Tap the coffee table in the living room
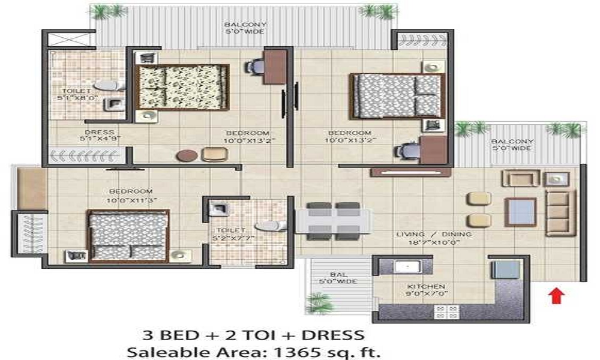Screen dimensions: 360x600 [x=520, y=212]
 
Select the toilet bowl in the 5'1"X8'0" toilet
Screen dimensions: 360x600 [x=107, y=86]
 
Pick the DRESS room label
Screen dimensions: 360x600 [x=99, y=133]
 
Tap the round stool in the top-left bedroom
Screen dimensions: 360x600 [x=187, y=155]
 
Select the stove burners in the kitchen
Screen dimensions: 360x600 [x=446, y=312]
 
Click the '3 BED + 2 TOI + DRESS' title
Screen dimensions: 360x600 [x=253, y=334]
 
